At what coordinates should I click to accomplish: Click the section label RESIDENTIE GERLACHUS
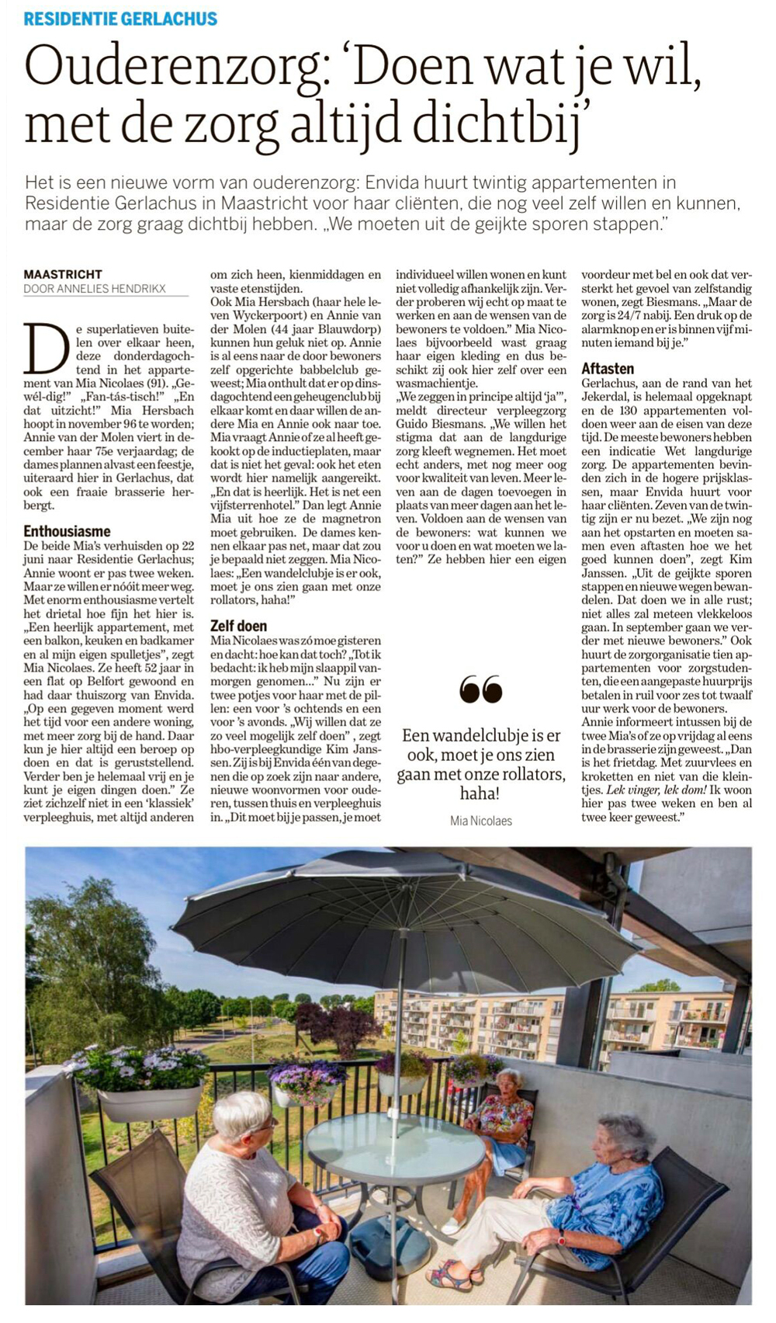120,19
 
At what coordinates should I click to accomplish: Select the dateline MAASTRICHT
63,274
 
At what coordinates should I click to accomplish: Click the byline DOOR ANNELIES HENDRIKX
95,289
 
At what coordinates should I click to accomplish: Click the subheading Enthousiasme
67,531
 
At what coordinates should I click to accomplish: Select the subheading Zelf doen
238,626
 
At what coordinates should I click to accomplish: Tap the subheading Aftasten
608,369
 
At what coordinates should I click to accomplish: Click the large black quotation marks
480,689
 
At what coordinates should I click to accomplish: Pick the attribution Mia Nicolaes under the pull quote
480,821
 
